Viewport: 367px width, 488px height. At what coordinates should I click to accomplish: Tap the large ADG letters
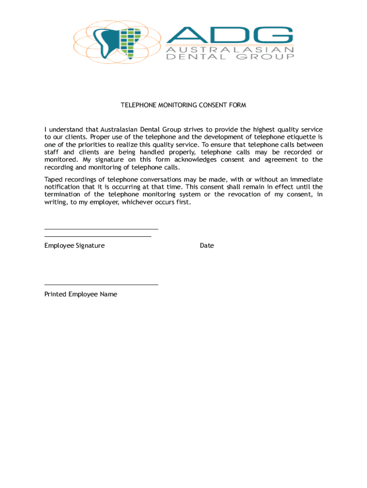229,35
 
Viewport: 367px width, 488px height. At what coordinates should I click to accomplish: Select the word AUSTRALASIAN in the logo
229,50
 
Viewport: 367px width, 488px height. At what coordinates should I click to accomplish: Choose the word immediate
304,179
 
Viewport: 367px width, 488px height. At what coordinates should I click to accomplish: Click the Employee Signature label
74,245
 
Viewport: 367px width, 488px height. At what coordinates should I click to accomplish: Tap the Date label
207,245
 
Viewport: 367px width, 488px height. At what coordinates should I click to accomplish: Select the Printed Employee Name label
81,294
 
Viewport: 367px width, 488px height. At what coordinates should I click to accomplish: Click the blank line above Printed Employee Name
101,285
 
